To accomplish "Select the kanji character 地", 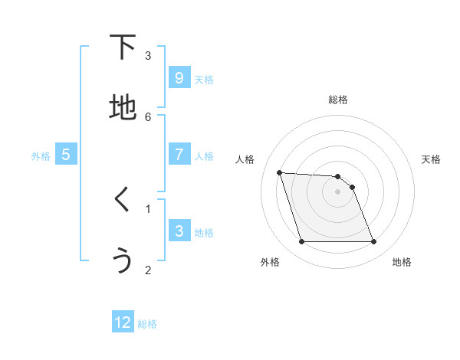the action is click(x=123, y=107).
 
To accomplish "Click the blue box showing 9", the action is click(x=179, y=77).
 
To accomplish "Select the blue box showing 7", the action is click(x=179, y=154).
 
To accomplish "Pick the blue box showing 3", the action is click(x=179, y=231).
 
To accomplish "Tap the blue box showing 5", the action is click(x=66, y=154).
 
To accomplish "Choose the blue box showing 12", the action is click(x=123, y=322).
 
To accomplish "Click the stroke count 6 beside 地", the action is click(x=148, y=116).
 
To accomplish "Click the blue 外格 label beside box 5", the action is click(x=41, y=155).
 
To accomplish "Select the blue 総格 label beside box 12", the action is click(x=147, y=324).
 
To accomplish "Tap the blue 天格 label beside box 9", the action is click(x=204, y=79).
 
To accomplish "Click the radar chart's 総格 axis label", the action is click(x=338, y=100).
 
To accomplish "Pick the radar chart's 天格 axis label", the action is click(x=432, y=159).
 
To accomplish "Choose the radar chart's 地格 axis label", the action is click(x=402, y=262).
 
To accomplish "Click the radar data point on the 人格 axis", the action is click(x=279, y=172).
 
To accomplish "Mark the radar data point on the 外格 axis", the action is click(x=301, y=242).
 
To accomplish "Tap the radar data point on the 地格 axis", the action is click(x=373, y=242).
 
